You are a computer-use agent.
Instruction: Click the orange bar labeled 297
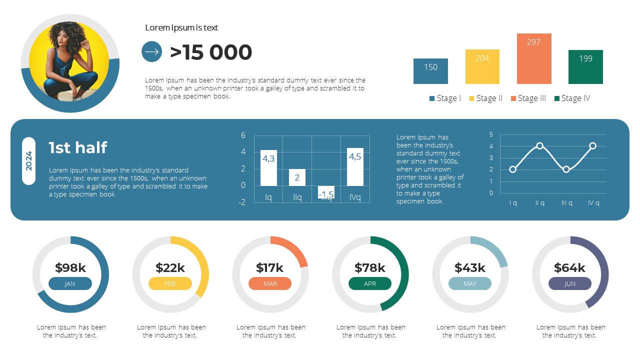(534, 59)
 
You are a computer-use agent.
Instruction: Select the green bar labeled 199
(585, 67)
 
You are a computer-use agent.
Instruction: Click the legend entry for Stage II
(485, 98)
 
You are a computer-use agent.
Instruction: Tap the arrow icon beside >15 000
(152, 51)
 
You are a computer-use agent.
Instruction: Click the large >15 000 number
(211, 52)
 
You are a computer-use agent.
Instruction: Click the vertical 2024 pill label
(29, 161)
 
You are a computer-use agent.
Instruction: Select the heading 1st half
(78, 147)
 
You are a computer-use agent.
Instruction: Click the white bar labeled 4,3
(268, 168)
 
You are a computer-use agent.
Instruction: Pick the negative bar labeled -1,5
(326, 192)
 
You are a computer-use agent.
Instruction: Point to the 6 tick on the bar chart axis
(243, 135)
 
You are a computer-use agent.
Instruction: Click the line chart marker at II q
(539, 146)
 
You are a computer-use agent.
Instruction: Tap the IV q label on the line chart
(593, 203)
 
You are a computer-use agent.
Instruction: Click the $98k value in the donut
(70, 268)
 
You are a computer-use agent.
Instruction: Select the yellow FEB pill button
(170, 284)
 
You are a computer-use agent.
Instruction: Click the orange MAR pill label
(270, 284)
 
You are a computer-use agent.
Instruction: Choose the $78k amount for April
(370, 268)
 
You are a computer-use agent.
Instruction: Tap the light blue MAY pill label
(470, 284)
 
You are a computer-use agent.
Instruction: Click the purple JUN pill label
(570, 284)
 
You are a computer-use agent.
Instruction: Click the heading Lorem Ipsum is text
(181, 28)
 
